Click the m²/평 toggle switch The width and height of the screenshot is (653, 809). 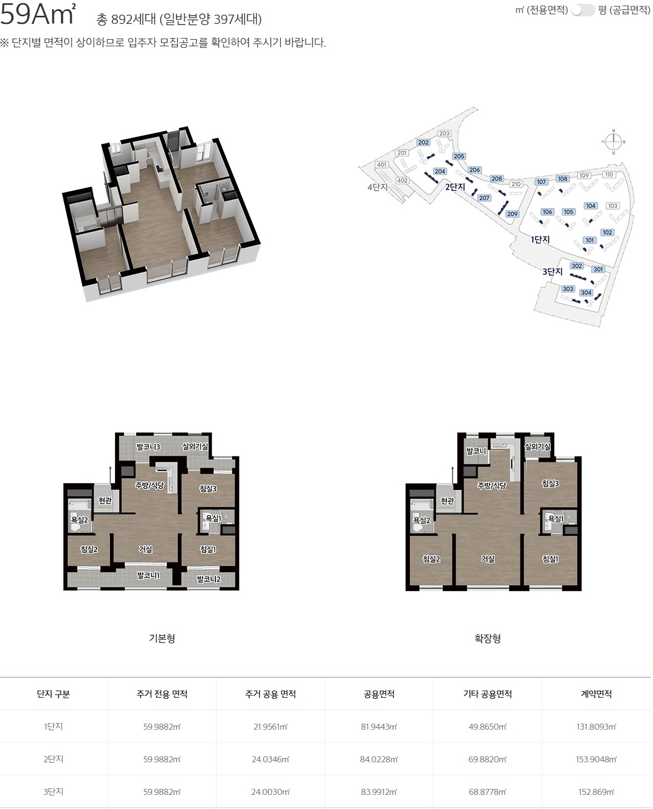click(582, 10)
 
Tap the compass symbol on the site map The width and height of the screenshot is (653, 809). click(613, 142)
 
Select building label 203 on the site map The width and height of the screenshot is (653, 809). click(444, 133)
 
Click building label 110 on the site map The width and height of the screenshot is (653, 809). click(609, 174)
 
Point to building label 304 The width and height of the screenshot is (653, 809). click(586, 292)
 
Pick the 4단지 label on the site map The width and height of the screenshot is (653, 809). click(377, 187)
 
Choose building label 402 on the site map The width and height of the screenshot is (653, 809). click(402, 180)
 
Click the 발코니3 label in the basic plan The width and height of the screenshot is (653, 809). click(148, 447)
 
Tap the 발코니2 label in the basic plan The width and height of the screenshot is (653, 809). click(208, 579)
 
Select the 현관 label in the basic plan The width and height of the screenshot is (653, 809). click(105, 500)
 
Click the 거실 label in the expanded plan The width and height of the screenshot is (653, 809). click(487, 559)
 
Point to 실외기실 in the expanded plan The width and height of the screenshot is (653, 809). click(538, 447)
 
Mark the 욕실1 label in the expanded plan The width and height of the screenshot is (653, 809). click(555, 518)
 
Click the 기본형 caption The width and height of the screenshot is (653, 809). click(162, 638)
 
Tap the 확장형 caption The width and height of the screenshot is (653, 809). click(487, 638)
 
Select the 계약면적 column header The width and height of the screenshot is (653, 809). click(596, 694)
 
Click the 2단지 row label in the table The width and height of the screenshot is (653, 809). click(53, 759)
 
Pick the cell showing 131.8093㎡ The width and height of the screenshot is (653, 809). click(596, 726)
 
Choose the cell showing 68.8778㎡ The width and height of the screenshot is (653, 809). click(487, 792)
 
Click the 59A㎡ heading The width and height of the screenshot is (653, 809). click(38, 15)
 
